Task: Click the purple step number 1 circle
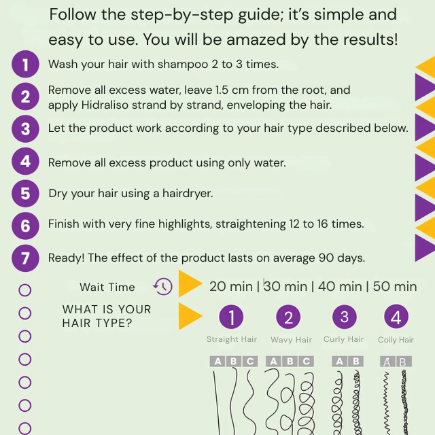(x=25, y=65)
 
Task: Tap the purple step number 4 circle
(x=25, y=162)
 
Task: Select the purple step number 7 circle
(x=25, y=258)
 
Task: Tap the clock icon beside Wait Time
(x=162, y=286)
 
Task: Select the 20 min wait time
(x=231, y=286)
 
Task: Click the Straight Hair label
(x=232, y=339)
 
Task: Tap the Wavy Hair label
(x=291, y=340)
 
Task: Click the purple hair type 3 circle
(x=345, y=317)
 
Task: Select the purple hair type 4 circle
(x=396, y=317)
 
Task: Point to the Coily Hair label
(x=396, y=340)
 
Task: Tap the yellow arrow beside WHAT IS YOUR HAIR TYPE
(x=190, y=316)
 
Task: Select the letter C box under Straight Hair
(x=250, y=361)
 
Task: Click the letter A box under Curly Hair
(x=339, y=361)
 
